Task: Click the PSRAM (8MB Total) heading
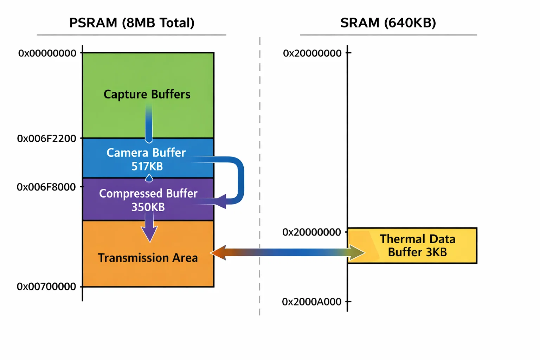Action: (131, 23)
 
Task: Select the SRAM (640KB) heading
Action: (388, 23)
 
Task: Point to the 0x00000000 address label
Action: (47, 53)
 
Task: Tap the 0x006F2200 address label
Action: (46, 139)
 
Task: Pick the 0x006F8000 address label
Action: (46, 187)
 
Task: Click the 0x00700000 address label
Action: (46, 287)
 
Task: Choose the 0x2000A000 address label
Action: (311, 302)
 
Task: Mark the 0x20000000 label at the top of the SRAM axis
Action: (312, 53)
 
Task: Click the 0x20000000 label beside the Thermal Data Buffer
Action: (311, 232)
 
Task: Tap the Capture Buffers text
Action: (147, 94)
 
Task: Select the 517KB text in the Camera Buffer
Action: (147, 166)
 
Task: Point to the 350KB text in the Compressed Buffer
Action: (148, 207)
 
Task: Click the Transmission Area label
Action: (148, 258)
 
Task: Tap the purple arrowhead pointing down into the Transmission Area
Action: (149, 233)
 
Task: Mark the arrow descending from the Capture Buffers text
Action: (149, 123)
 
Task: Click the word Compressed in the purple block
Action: (131, 194)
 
